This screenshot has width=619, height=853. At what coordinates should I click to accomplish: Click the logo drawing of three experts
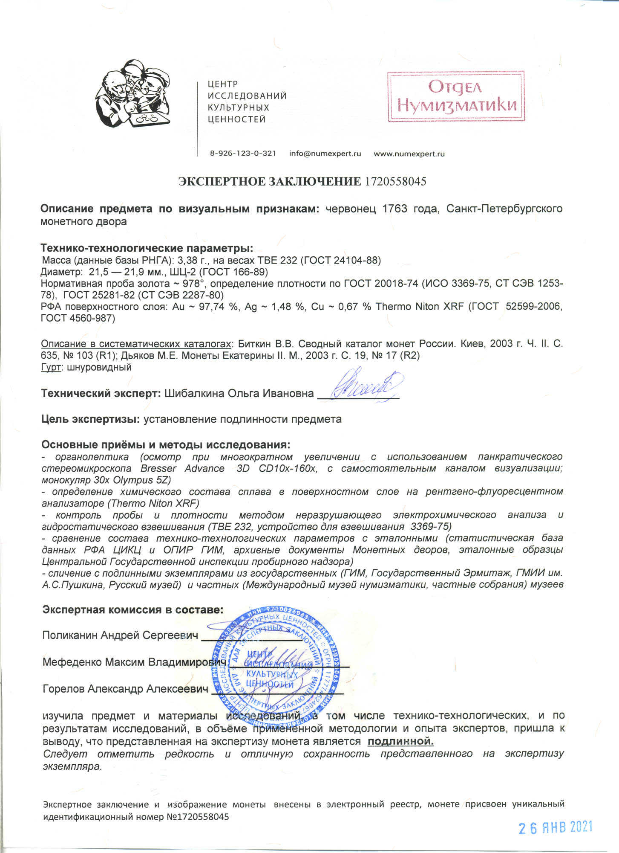[x=133, y=94]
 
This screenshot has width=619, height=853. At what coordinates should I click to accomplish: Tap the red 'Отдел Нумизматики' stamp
[x=456, y=97]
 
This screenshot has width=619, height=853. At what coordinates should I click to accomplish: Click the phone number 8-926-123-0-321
[x=243, y=154]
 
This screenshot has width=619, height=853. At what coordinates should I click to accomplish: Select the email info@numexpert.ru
[x=325, y=154]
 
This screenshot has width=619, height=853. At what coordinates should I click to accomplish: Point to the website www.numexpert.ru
[x=409, y=154]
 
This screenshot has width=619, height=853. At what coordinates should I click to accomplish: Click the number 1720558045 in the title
[x=395, y=182]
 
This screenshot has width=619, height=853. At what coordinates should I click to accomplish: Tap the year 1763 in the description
[x=395, y=209]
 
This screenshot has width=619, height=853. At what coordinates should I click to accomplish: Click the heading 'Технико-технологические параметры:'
[x=147, y=248]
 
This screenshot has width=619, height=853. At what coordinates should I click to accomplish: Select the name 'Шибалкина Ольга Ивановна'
[x=239, y=393]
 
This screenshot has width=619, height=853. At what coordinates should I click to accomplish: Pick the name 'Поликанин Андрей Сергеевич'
[x=120, y=635]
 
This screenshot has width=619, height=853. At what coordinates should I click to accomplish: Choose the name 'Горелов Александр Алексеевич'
[x=126, y=689]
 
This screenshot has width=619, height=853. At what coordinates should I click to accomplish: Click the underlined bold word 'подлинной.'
[x=400, y=741]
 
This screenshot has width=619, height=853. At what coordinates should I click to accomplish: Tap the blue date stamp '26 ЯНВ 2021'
[x=555, y=827]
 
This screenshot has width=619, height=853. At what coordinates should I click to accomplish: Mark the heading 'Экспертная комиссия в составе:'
[x=132, y=610]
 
